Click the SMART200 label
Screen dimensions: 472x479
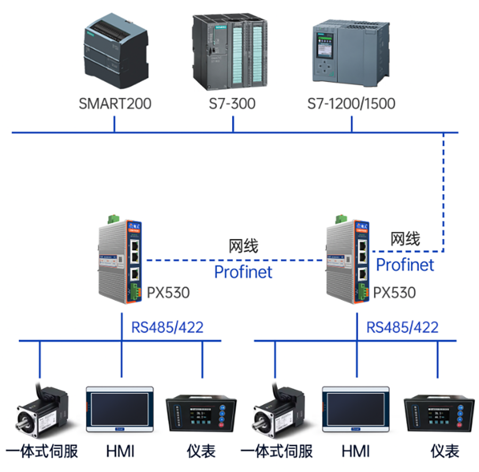115,103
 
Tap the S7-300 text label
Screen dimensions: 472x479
232,103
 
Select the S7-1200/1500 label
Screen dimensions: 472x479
351,103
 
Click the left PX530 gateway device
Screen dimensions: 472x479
120,261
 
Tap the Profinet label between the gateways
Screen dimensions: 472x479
243,272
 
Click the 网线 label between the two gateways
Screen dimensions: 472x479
243,246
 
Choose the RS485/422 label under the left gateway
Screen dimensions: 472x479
167,327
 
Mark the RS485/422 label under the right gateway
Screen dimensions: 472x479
402,327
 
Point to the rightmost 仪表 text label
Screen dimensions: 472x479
445,452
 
